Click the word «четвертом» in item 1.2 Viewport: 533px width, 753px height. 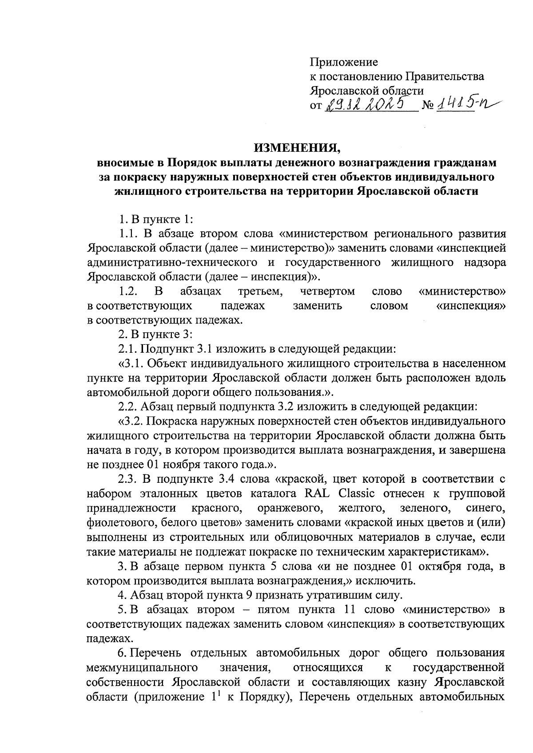(x=327, y=291)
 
